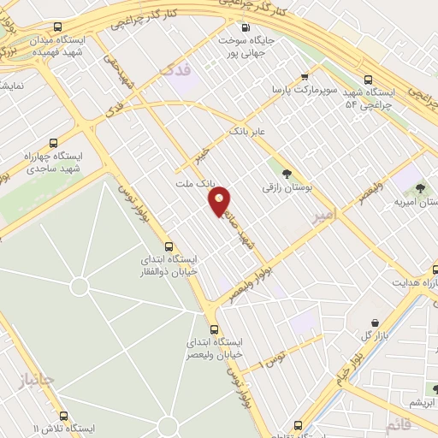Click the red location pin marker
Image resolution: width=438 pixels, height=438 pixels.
[x=220, y=199]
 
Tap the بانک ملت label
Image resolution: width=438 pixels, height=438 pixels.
[x=192, y=184]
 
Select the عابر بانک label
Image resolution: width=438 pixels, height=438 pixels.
[x=247, y=132]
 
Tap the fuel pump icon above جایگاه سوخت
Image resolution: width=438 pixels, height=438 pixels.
[x=246, y=27]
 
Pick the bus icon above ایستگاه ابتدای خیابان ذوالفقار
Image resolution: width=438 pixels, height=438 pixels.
[x=169, y=246]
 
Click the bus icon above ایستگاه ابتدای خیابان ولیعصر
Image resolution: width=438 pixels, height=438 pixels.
[x=214, y=328]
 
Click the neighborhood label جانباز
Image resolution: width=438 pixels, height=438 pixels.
[x=36, y=379]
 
